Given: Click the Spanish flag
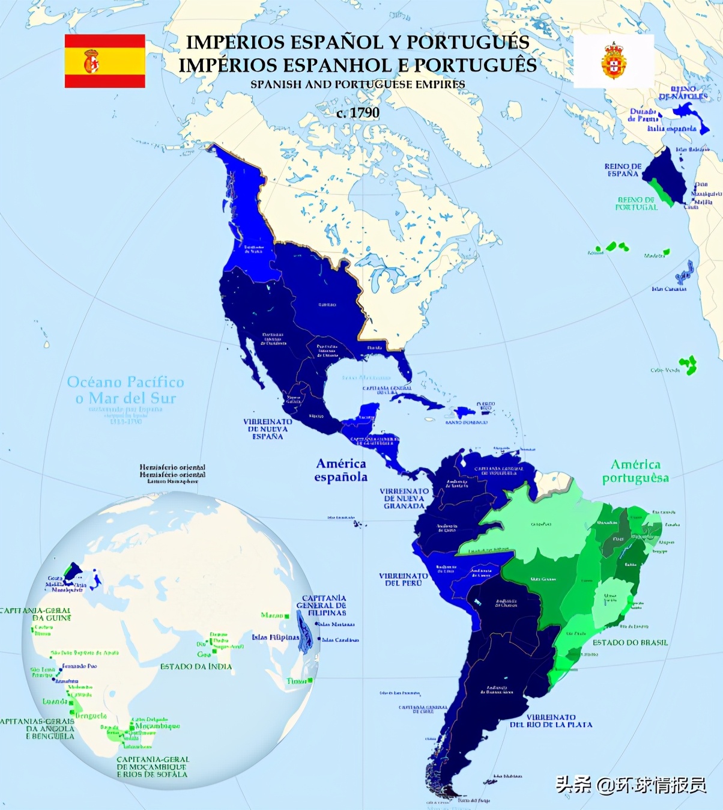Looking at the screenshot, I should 105,61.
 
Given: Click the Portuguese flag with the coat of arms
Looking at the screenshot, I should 614,61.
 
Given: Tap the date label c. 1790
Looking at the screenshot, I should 358,113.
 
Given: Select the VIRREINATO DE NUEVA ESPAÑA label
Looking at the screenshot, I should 267,429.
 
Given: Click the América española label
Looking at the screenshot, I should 341,470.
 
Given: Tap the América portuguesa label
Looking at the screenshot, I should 635,471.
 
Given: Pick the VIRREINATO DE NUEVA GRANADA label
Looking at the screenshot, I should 404,498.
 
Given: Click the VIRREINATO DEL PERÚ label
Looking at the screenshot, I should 403,579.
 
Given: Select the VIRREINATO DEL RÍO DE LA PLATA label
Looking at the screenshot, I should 551,721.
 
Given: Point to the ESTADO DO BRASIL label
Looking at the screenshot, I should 630,642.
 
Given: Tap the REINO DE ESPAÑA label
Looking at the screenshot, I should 623,170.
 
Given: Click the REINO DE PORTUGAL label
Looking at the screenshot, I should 637,204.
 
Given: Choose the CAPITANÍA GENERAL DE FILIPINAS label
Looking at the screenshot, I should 324,605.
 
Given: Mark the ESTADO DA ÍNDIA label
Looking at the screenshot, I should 196,666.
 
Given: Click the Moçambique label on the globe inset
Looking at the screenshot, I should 157,726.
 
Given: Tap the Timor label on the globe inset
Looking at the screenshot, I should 297,681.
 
